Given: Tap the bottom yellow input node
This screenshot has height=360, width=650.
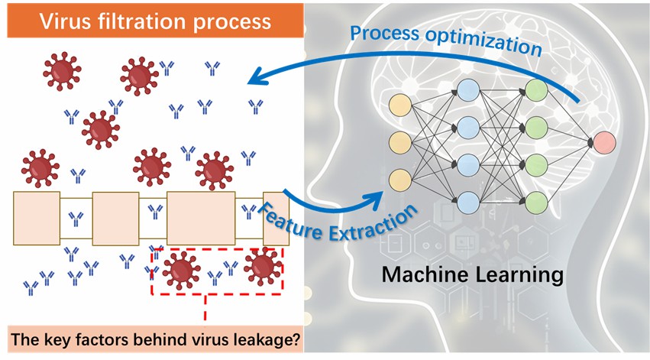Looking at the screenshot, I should point(399,180).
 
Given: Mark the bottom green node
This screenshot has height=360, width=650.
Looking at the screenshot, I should point(537,201).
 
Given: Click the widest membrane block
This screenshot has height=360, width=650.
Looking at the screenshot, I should point(201,217).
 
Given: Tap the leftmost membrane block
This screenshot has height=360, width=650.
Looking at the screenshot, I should point(37,218).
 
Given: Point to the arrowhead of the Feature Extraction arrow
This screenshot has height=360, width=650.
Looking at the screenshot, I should point(379,197).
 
